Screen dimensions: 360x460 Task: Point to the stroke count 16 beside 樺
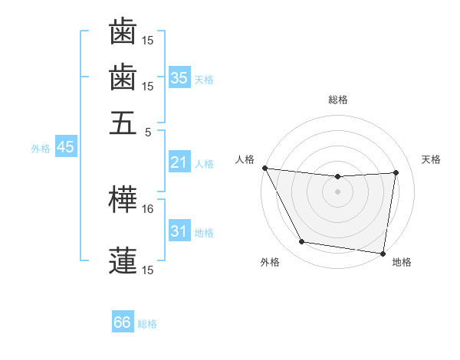[148, 208]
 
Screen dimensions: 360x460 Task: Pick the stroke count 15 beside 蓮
[148, 270]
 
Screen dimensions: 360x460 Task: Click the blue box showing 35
[179, 78]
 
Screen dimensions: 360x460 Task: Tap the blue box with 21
[179, 162]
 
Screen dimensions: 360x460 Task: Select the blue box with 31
[179, 231]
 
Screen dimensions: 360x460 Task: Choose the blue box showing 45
[65, 147]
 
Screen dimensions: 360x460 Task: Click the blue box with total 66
[123, 322]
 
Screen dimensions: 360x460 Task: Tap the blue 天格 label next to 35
[204, 79]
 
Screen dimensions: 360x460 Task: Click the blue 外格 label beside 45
[41, 148]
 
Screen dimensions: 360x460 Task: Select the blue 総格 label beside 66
[147, 323]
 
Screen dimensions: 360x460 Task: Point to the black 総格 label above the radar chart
[337, 100]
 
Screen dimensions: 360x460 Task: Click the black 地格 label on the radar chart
[402, 262]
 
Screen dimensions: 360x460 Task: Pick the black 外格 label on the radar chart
[270, 262]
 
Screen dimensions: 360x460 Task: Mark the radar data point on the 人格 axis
[264, 168]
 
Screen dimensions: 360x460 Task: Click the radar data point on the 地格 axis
[383, 253]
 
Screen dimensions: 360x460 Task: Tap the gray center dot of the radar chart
[337, 191]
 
